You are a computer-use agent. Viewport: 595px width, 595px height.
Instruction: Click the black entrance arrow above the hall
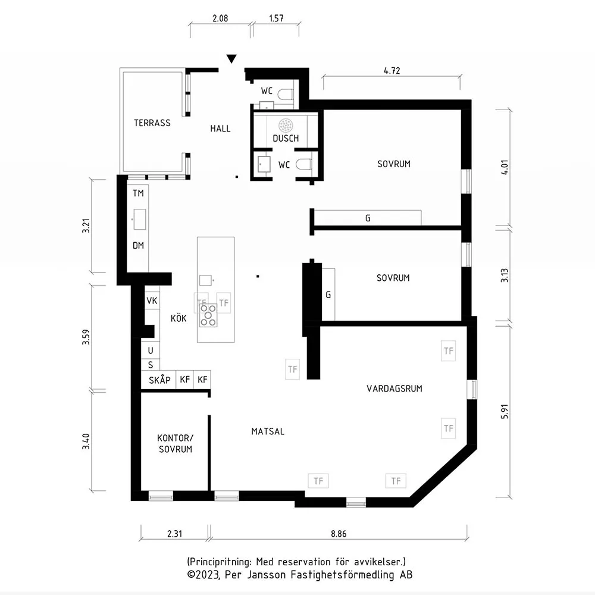(231, 58)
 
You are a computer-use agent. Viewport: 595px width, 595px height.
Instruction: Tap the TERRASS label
(152, 123)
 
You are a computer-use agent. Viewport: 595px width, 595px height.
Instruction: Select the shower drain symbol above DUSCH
(286, 125)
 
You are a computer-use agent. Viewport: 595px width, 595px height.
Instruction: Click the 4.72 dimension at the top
(392, 71)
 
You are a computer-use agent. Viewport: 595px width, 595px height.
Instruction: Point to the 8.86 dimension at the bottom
(339, 534)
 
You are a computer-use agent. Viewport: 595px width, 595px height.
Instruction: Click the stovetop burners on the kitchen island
(208, 315)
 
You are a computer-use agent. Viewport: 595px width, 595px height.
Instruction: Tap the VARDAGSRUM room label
(394, 389)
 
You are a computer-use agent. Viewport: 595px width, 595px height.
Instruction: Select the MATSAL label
(268, 431)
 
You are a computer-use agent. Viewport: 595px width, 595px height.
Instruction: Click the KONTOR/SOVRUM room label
(176, 444)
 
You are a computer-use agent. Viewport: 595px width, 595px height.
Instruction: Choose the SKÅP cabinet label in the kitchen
(159, 380)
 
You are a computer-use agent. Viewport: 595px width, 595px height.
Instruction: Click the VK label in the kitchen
(152, 301)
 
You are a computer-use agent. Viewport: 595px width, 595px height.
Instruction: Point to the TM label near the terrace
(138, 193)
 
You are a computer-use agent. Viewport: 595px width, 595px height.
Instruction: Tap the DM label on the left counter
(138, 246)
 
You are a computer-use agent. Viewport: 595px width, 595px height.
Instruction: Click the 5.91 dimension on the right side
(505, 411)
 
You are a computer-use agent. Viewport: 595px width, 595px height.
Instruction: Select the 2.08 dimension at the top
(220, 18)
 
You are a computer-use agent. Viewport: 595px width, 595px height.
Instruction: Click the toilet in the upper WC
(285, 94)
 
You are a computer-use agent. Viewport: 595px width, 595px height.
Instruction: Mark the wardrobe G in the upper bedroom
(368, 218)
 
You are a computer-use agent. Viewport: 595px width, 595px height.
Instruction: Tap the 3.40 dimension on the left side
(86, 441)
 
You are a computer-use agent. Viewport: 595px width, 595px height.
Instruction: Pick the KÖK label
(178, 318)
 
